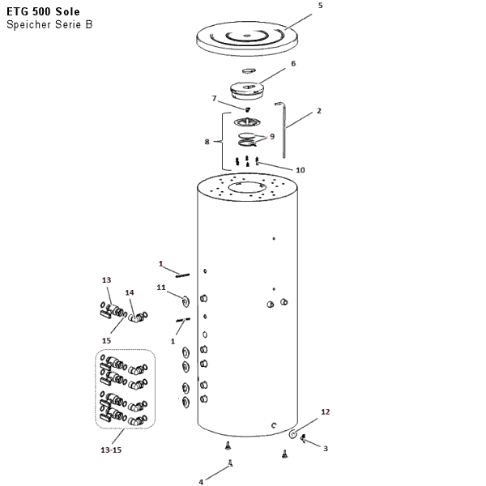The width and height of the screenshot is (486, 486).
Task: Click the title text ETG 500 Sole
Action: [x=43, y=12]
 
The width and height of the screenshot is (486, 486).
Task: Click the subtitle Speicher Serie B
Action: [x=49, y=24]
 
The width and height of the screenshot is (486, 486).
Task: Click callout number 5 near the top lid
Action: [x=321, y=6]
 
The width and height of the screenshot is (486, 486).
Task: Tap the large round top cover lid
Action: [x=247, y=38]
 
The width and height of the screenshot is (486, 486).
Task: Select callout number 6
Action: [x=293, y=63]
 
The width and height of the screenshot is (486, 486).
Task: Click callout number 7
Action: [x=214, y=98]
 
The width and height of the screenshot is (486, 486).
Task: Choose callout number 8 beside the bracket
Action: [x=207, y=142]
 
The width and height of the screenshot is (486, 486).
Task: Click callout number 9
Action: [x=272, y=136]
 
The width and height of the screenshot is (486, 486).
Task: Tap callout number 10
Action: [x=301, y=170]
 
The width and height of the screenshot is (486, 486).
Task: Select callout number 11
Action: [x=161, y=288]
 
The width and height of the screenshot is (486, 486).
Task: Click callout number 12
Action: [x=325, y=412]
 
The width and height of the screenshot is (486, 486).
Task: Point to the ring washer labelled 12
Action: [x=293, y=434]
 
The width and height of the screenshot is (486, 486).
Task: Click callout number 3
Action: [x=326, y=449]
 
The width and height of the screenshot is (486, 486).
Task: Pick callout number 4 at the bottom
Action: [x=201, y=482]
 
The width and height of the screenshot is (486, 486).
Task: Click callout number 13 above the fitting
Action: [x=106, y=280]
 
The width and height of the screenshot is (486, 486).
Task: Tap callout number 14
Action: [x=130, y=292]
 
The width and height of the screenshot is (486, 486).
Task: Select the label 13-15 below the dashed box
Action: [x=111, y=450]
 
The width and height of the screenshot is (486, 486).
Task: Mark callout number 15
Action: [x=106, y=341]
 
